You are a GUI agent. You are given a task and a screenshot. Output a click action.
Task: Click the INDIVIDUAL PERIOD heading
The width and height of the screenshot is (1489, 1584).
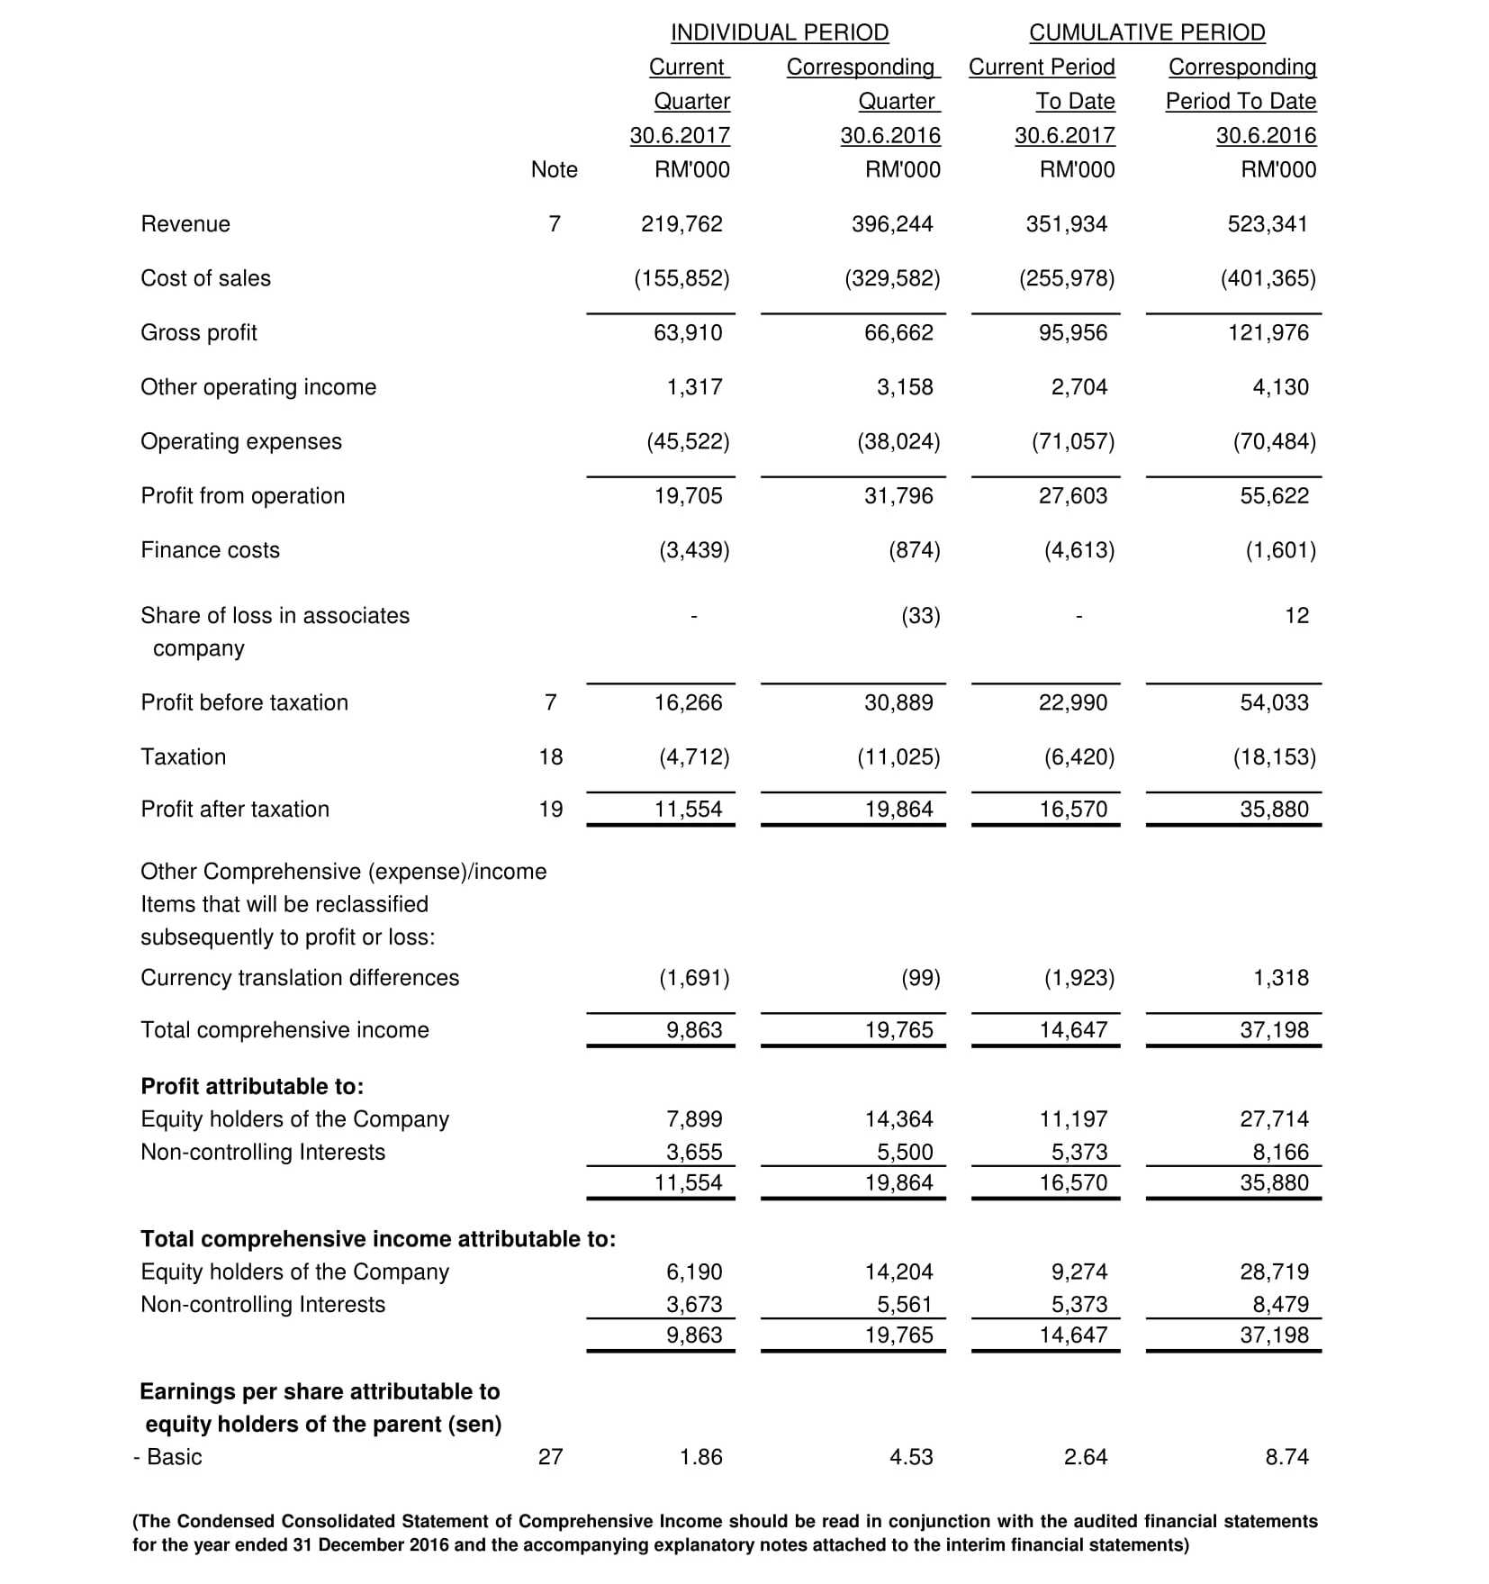click(x=780, y=32)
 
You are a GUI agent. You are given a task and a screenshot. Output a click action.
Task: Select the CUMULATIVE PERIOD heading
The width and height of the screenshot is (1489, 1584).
click(x=1147, y=32)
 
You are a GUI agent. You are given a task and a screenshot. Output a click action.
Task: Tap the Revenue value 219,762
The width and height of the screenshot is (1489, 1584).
click(x=681, y=224)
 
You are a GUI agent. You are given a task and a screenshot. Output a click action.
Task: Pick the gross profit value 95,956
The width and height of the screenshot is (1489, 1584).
click(x=1073, y=333)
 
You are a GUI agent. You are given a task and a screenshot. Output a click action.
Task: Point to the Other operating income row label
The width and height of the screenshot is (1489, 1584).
click(x=258, y=387)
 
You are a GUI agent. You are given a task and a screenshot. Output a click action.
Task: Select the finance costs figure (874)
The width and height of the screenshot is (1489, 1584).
click(x=915, y=550)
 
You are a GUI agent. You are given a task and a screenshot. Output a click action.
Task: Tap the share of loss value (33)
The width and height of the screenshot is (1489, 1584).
click(x=921, y=616)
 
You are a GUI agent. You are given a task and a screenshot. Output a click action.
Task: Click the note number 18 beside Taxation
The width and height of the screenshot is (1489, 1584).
click(x=551, y=757)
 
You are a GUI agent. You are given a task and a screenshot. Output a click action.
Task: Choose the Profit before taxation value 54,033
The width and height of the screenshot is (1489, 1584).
click(x=1275, y=703)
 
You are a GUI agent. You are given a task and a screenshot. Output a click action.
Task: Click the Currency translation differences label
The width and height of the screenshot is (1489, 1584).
click(x=300, y=978)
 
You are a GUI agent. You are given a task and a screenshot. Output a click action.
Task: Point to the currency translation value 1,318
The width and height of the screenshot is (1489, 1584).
click(x=1281, y=978)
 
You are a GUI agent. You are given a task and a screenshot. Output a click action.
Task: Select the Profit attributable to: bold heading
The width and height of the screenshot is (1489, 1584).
click(x=252, y=1087)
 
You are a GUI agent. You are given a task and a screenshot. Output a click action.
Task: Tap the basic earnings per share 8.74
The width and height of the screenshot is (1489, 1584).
click(x=1286, y=1457)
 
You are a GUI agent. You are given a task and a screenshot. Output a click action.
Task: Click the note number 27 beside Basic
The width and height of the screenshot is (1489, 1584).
click(x=551, y=1457)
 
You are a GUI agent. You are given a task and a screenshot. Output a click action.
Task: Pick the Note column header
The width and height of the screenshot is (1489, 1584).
click(x=555, y=170)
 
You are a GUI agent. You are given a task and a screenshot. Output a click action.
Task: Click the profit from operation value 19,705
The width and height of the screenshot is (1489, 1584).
click(x=688, y=496)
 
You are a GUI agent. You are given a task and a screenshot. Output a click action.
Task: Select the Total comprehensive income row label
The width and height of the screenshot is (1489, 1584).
click(x=284, y=1030)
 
